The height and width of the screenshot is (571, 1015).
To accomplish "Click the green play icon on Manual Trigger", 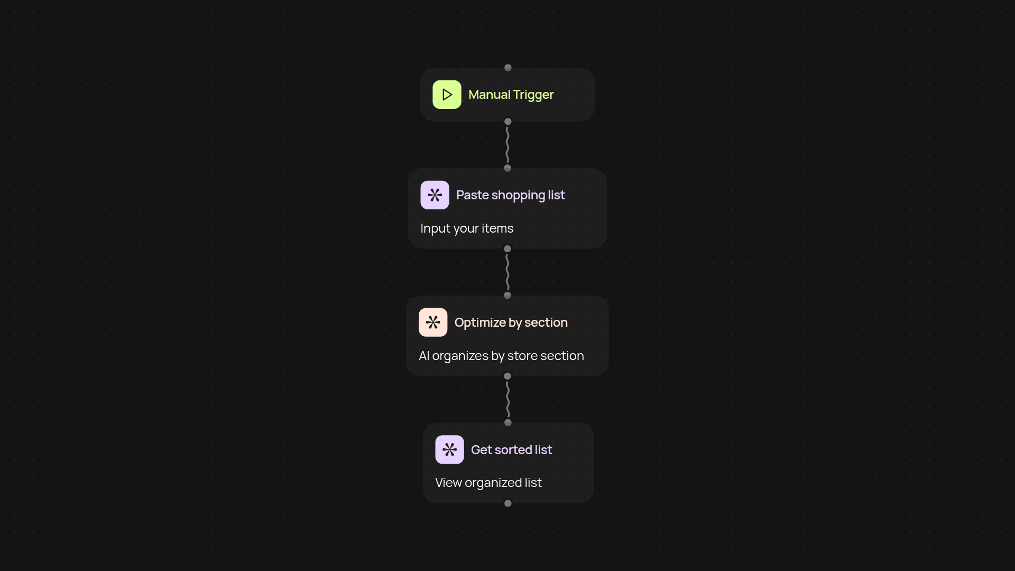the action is [x=447, y=95].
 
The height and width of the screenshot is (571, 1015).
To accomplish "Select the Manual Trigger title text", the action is [x=511, y=95].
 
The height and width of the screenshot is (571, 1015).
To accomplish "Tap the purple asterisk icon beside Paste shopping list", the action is [x=435, y=195].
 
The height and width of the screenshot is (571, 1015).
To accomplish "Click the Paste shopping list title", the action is [x=510, y=195].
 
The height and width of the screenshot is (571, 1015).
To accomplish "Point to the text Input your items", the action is [x=467, y=228].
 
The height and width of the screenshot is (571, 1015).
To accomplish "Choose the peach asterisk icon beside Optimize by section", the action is [x=433, y=323].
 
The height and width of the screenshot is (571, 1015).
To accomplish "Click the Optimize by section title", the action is [x=511, y=323].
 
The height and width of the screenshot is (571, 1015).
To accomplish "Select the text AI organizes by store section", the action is [x=501, y=356].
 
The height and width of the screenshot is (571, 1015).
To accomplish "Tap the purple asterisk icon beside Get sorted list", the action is [x=449, y=449].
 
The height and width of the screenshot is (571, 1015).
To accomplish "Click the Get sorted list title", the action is [x=511, y=450].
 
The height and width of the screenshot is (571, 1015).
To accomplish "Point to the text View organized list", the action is [x=488, y=483].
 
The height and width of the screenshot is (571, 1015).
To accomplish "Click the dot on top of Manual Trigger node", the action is [x=508, y=68].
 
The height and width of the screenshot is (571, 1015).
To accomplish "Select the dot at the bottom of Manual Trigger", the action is [x=508, y=122].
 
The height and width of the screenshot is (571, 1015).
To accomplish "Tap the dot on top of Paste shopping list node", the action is [x=508, y=168].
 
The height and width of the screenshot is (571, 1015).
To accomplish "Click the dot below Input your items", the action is [x=508, y=249].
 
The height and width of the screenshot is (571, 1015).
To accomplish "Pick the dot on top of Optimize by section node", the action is [x=508, y=296].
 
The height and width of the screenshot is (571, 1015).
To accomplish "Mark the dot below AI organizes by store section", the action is [x=508, y=376].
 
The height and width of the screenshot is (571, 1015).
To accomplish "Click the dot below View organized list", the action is [x=508, y=503].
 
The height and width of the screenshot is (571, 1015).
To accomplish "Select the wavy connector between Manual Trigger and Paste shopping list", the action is [x=508, y=145].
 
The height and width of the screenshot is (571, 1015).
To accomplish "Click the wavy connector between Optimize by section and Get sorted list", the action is [x=508, y=400].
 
